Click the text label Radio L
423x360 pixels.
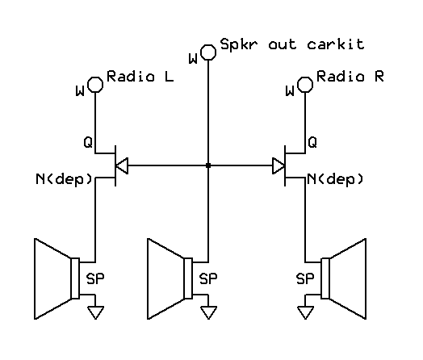140,77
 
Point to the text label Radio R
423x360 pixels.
350,77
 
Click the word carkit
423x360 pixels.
336,44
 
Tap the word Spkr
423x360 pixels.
238,44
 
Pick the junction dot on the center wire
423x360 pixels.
208,165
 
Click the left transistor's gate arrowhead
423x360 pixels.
122,165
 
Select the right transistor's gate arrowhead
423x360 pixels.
279,165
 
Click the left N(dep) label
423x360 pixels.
65,179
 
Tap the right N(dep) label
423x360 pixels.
335,179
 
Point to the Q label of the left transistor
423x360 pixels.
88,142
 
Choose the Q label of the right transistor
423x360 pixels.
312,142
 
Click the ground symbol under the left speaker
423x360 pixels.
95,312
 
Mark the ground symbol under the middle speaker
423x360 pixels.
208,312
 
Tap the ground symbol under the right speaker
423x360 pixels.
305,312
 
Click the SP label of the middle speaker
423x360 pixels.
208,278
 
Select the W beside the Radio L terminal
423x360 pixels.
80,91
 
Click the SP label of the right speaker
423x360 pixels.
305,278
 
